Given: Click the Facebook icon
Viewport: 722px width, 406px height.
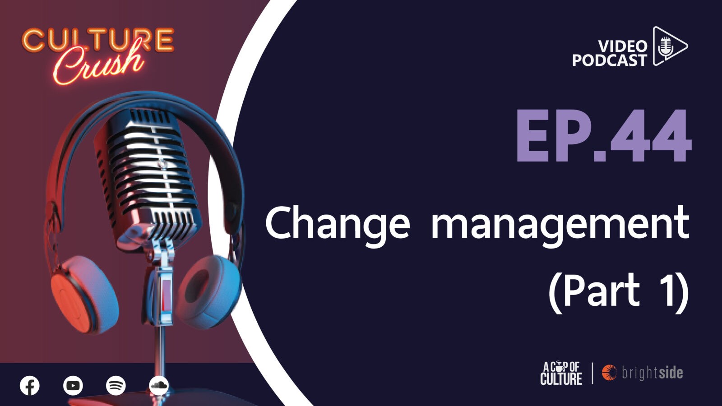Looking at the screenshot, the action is [30, 386].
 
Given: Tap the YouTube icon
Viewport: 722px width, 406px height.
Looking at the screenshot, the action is [73, 386].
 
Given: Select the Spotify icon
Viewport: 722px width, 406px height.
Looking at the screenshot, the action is [116, 386].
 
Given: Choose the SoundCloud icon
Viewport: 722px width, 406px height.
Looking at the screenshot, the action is [159, 386].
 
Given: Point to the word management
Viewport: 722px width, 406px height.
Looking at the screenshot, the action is [560, 226].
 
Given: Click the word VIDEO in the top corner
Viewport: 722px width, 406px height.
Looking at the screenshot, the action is [623, 47].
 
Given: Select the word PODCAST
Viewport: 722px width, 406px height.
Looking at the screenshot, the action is [610, 60].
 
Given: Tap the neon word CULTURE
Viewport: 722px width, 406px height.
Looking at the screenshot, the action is [98, 41].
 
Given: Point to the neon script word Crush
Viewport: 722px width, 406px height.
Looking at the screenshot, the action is [98, 65].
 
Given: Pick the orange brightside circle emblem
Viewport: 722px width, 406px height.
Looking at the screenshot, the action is [609, 373].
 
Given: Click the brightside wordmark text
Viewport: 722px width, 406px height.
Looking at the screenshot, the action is [653, 373].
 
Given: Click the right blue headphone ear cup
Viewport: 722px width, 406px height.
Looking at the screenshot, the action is [210, 291].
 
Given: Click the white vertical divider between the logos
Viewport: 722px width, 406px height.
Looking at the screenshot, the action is [592, 374].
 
